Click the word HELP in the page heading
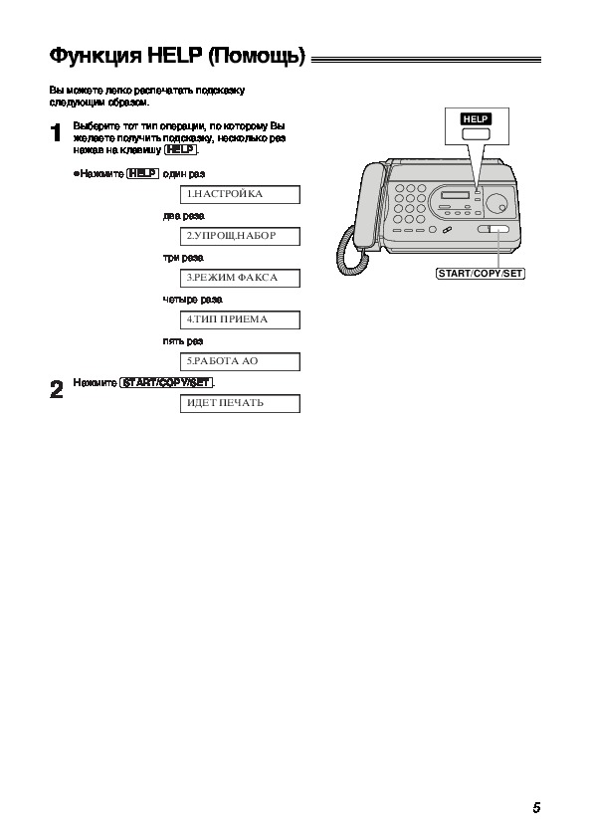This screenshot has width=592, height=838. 175,55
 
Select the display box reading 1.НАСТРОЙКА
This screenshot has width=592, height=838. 240,194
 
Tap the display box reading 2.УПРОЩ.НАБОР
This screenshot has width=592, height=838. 240,236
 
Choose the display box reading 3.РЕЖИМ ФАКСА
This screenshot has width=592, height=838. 240,278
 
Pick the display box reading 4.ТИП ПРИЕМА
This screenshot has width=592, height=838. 240,319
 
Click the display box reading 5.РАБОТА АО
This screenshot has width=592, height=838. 240,361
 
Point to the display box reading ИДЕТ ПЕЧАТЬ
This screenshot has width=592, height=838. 240,403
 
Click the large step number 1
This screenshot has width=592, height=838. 56,133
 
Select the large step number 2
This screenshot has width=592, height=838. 56,389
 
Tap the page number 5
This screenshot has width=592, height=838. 536,807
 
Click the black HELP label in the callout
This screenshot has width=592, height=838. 475,119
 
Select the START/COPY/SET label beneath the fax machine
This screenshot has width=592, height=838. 481,274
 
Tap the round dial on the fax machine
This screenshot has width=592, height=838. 496,204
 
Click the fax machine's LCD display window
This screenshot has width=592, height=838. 455,194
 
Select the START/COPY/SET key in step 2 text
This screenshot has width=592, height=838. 167,382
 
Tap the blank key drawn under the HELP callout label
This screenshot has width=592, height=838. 476,134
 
